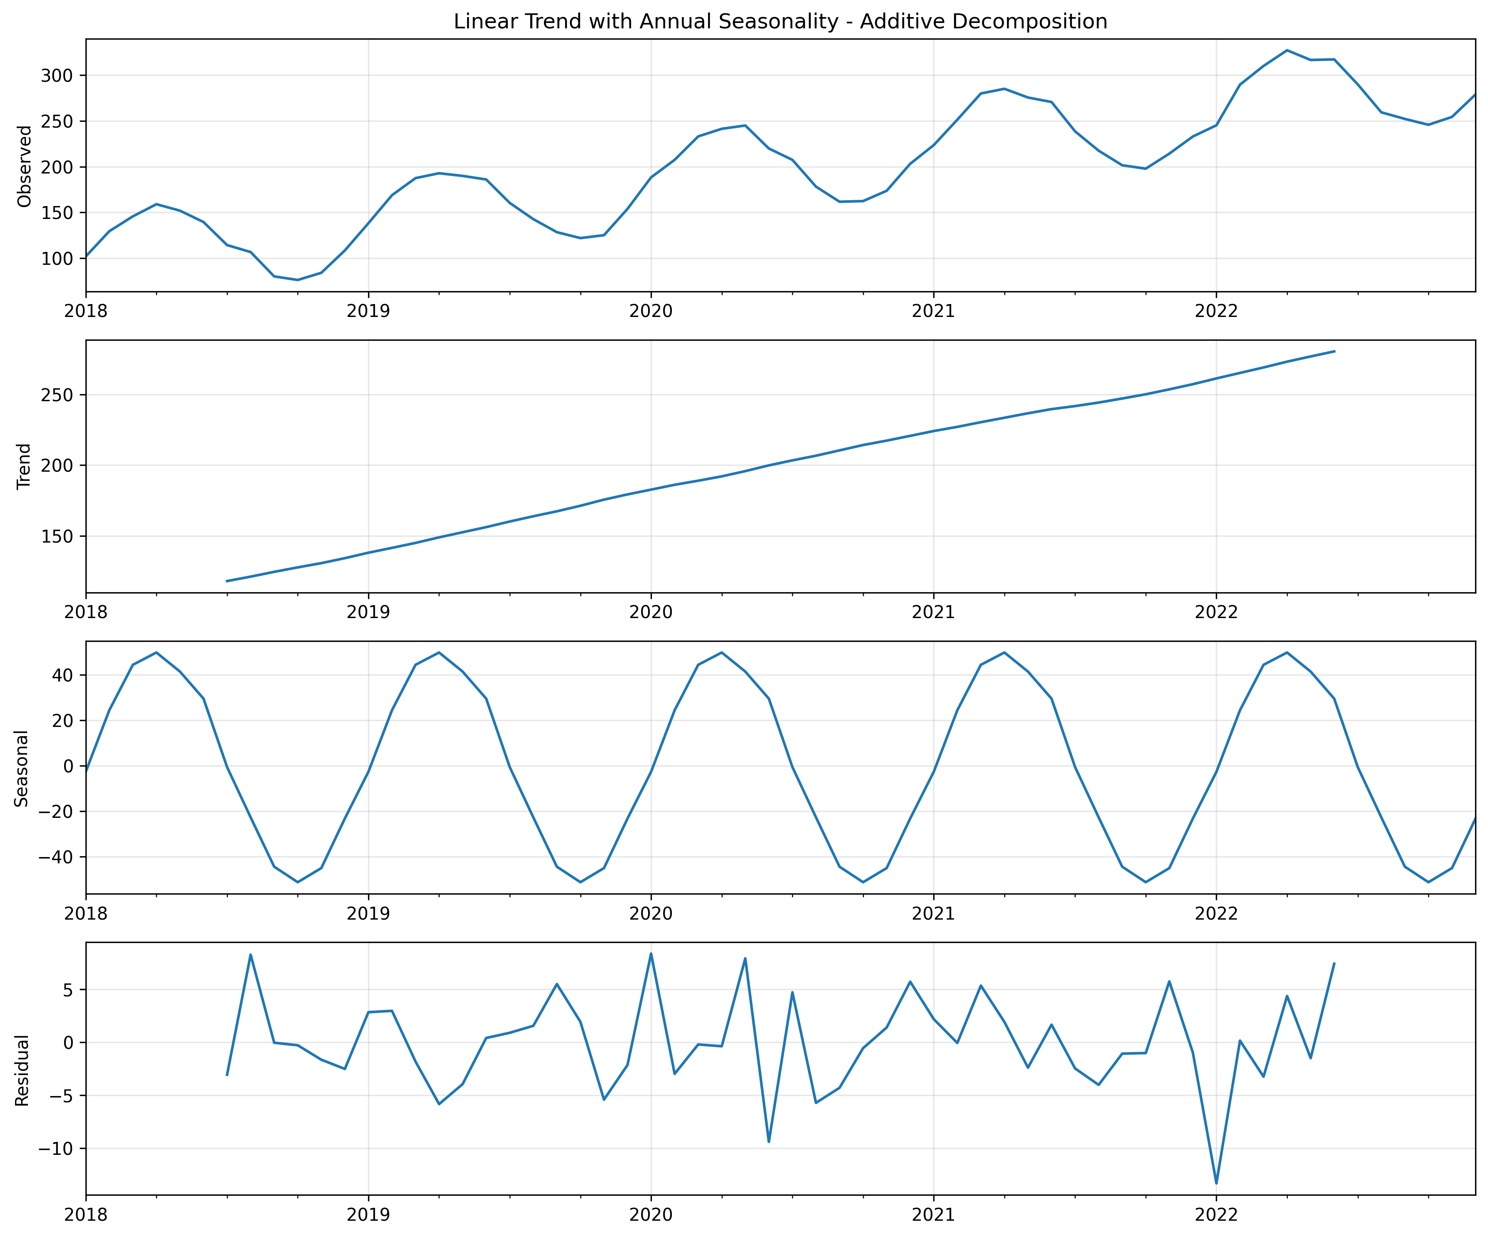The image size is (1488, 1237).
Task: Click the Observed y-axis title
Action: [25, 166]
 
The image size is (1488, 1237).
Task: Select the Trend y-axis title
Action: [25, 466]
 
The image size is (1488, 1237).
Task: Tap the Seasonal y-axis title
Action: [22, 768]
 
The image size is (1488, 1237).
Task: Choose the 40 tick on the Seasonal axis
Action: [63, 675]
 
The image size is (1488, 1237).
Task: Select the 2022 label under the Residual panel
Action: [1216, 1215]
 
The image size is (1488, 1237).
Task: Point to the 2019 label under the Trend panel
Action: [368, 613]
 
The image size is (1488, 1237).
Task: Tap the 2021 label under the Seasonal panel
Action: [933, 914]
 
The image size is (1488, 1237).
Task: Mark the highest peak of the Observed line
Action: [1287, 50]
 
